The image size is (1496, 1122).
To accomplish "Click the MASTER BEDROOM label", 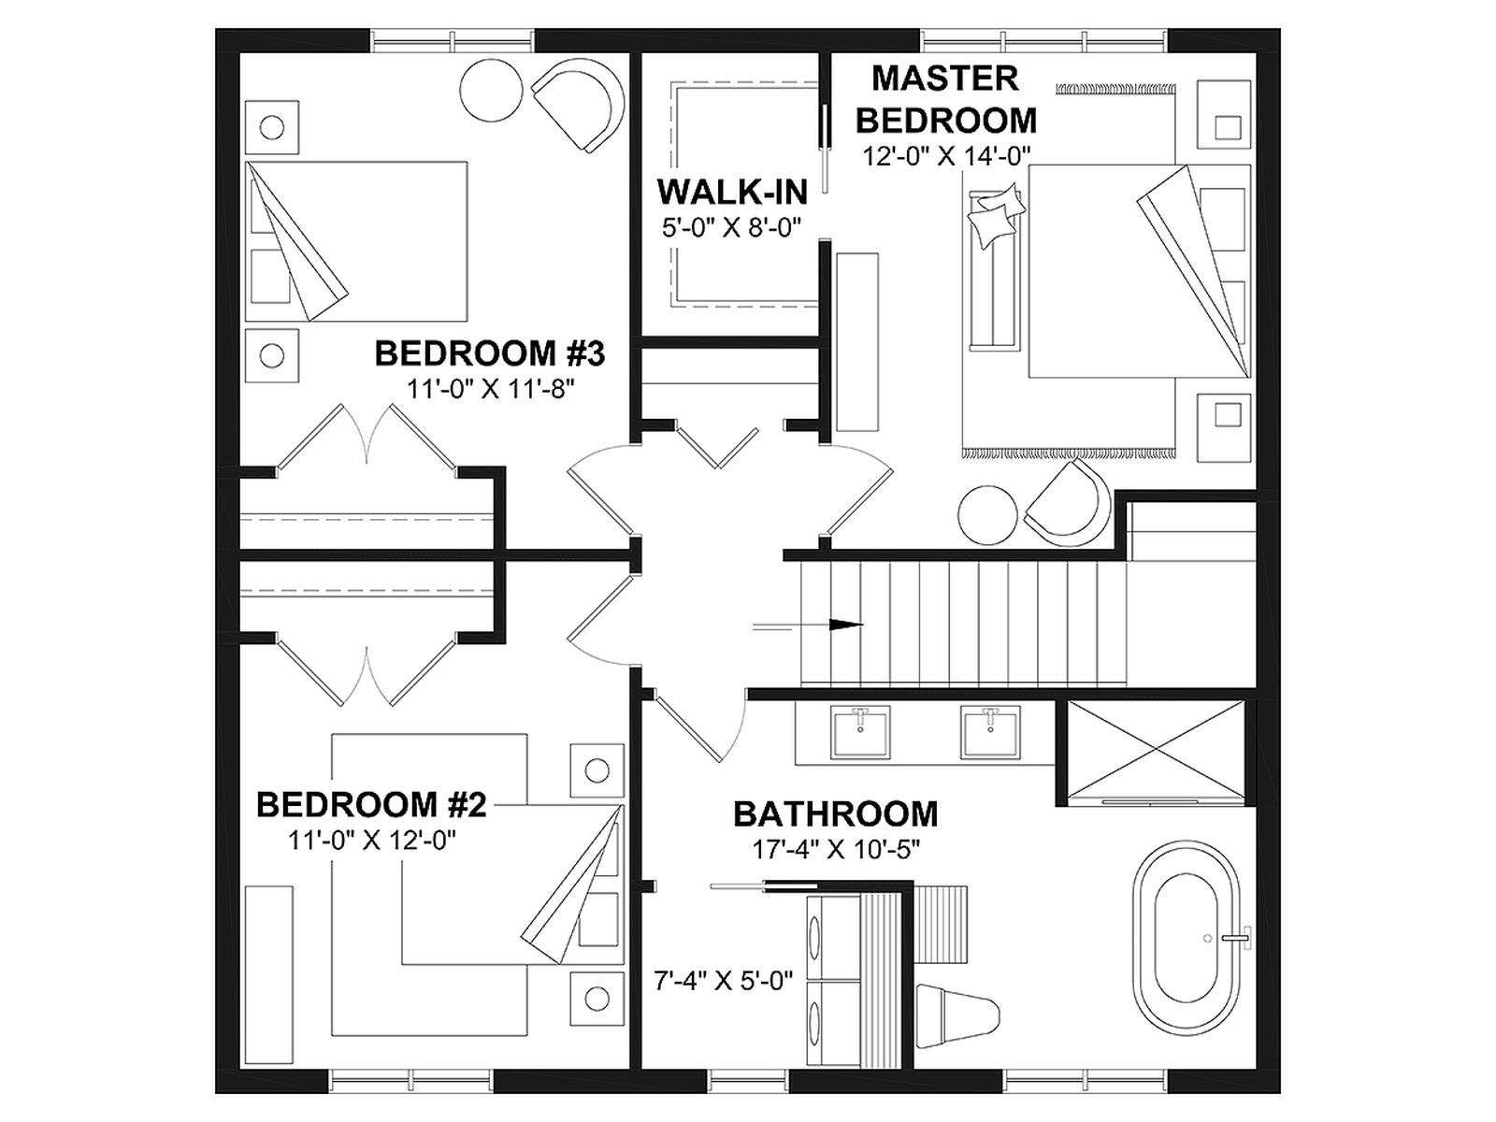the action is (946, 99).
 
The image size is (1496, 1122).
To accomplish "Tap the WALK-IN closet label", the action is (732, 192).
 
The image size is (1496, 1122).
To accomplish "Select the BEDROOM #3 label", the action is (490, 354).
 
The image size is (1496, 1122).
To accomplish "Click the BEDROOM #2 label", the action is (371, 805).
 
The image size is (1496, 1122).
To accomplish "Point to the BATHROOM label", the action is (836, 814).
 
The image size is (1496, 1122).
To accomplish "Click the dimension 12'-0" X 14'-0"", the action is (946, 157).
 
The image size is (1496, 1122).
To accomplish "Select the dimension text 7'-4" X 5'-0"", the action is (723, 982).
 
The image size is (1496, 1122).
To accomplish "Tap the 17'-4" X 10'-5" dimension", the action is (836, 850).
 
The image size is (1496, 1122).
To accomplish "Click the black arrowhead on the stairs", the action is (846, 624).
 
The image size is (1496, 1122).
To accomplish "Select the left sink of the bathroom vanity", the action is (861, 732).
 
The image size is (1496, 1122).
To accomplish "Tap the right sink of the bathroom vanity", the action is (991, 732).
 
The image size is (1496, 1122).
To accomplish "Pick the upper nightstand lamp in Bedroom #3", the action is (272, 127).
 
